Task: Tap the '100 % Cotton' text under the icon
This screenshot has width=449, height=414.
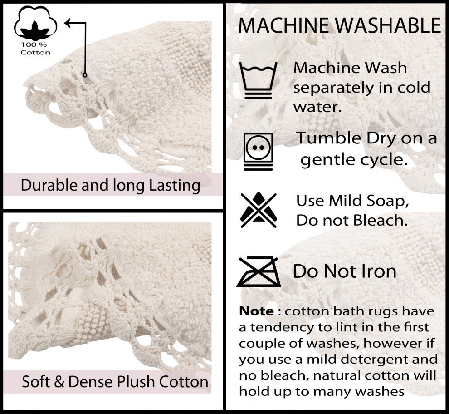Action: coord(35,49)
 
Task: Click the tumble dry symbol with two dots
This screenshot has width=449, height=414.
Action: coord(258,151)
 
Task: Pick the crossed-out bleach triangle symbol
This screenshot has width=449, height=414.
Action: coord(259,210)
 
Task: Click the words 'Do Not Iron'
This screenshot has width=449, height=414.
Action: coord(345,271)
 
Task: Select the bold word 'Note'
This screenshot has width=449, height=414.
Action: coord(256,311)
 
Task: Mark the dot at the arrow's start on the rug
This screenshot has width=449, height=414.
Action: coord(85,74)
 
